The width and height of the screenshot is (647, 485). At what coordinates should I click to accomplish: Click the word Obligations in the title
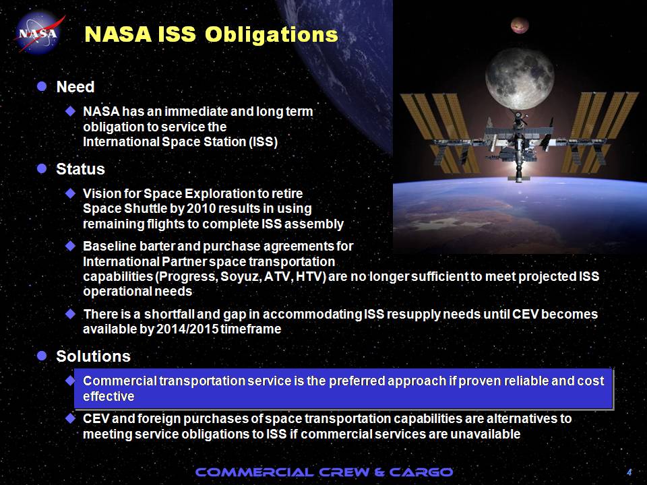pyautogui.click(x=271, y=34)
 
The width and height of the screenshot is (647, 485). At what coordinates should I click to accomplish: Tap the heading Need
pyautogui.click(x=75, y=87)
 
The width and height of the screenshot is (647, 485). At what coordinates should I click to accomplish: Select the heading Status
pyautogui.click(x=80, y=168)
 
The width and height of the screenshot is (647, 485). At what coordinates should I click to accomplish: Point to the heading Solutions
pyautogui.click(x=93, y=356)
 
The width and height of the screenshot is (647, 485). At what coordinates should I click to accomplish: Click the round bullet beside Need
pyautogui.click(x=42, y=86)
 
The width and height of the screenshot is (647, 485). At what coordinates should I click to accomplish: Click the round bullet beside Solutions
pyautogui.click(x=42, y=356)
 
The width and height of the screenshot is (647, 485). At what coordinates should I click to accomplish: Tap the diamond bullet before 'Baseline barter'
pyautogui.click(x=70, y=247)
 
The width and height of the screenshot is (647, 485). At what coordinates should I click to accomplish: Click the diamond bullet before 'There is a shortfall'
pyautogui.click(x=70, y=315)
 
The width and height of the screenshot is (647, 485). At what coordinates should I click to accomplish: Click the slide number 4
pyautogui.click(x=629, y=472)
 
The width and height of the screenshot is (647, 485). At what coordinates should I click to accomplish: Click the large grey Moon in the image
pyautogui.click(x=520, y=78)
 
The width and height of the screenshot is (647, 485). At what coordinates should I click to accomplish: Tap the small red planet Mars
pyautogui.click(x=520, y=26)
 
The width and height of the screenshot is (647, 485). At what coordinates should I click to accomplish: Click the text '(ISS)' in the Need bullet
pyautogui.click(x=264, y=142)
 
